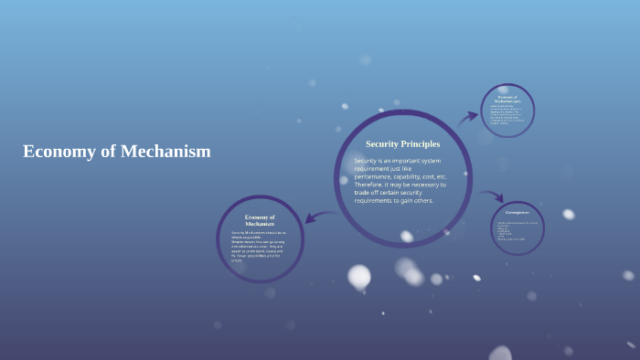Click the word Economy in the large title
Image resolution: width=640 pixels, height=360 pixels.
click(58, 152)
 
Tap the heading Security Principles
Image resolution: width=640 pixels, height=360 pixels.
click(402, 143)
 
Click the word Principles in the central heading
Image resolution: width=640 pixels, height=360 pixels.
click(421, 143)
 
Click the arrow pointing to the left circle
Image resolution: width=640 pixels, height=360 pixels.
click(319, 217)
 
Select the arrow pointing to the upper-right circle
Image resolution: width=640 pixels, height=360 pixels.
click(467, 117)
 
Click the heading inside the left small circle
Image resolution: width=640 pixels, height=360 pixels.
click(260, 220)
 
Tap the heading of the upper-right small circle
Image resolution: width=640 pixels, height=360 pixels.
click(507, 98)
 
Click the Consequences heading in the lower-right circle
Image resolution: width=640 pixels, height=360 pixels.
click(517, 212)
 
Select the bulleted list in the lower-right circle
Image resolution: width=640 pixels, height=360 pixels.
click(517, 231)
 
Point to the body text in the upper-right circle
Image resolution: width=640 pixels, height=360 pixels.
click(507, 114)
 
